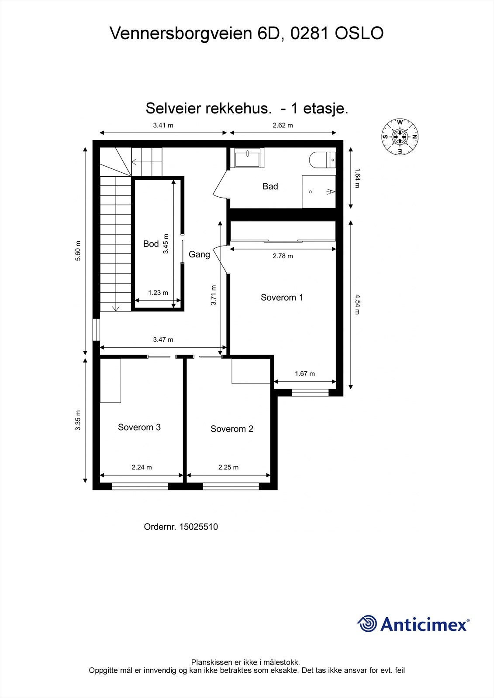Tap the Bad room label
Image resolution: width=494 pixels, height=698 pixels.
point(270,186)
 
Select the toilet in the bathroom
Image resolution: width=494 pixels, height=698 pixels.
point(321,160)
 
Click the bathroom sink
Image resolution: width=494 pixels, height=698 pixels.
point(249,157)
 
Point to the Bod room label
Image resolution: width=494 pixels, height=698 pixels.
point(151,244)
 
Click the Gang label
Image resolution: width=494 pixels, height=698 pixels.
point(199,254)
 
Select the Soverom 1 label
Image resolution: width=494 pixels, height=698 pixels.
point(282,298)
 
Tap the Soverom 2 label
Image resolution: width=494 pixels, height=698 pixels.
point(231,429)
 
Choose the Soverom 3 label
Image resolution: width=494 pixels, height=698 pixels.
point(139,427)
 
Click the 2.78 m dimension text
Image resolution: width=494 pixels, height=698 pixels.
point(283,256)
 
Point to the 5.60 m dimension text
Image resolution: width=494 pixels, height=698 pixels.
point(78,251)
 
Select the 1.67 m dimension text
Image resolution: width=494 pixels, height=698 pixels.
point(304,374)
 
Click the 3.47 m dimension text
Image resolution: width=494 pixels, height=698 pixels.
point(163,339)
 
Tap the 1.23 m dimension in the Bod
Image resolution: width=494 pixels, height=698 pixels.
point(158,293)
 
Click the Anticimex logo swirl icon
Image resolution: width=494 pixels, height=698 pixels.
point(367,623)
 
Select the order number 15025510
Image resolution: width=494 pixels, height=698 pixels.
point(198,527)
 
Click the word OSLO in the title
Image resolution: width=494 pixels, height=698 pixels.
point(359,34)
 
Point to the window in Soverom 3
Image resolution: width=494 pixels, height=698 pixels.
point(140,486)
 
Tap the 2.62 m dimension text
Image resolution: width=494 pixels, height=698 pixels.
point(283,125)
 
